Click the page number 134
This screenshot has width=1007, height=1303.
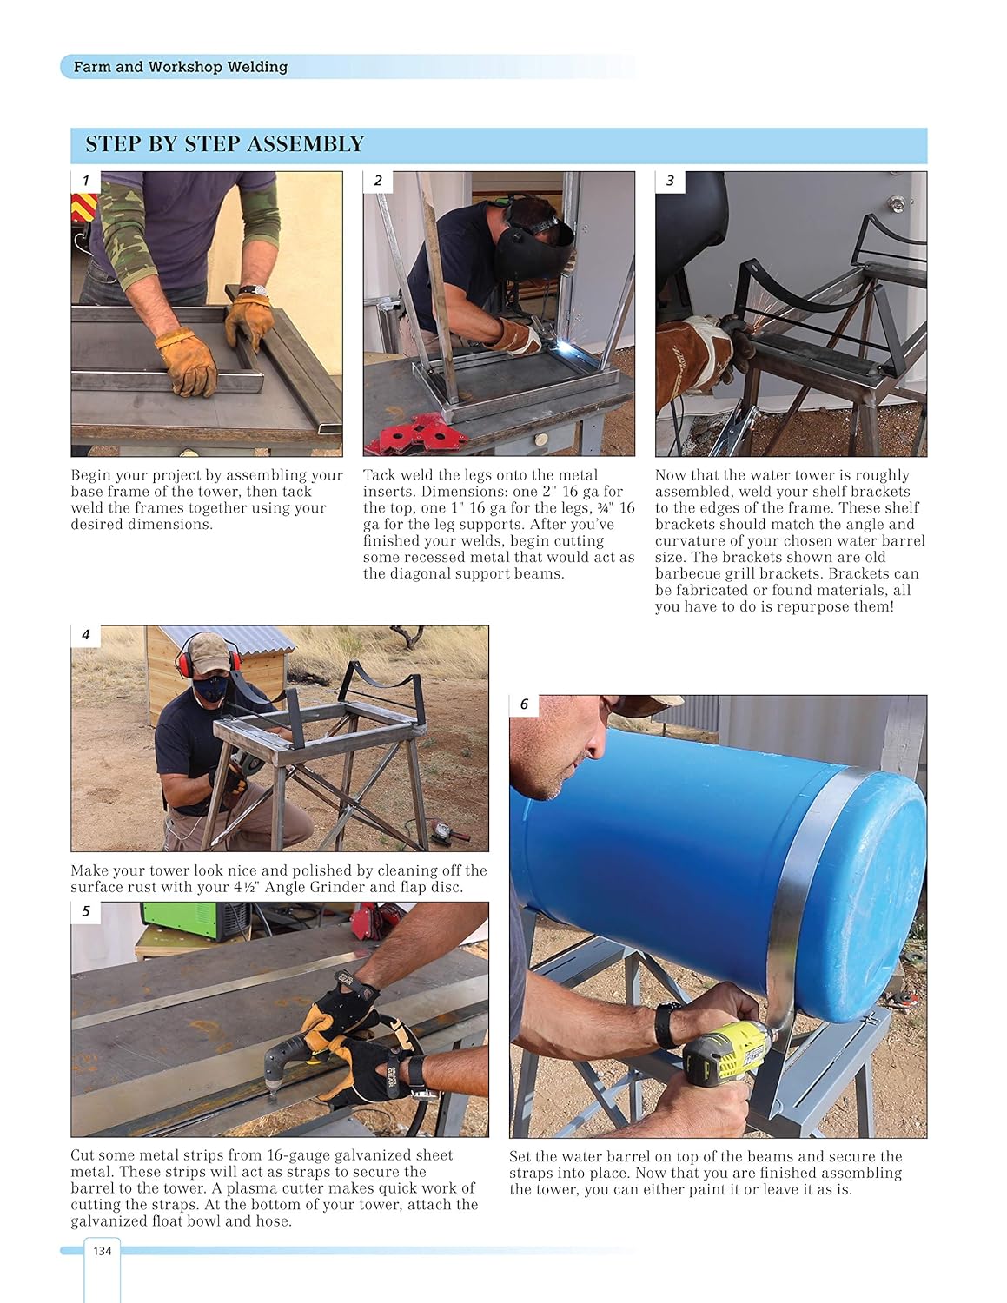point(103,1250)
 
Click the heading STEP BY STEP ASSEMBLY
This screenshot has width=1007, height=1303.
point(224,144)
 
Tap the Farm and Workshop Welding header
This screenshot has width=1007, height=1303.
point(180,67)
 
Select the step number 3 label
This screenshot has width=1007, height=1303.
point(670,181)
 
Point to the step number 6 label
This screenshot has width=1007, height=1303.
point(524,704)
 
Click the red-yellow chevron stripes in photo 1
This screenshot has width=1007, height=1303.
point(83,208)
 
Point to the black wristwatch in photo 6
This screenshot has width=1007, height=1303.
point(666,1025)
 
